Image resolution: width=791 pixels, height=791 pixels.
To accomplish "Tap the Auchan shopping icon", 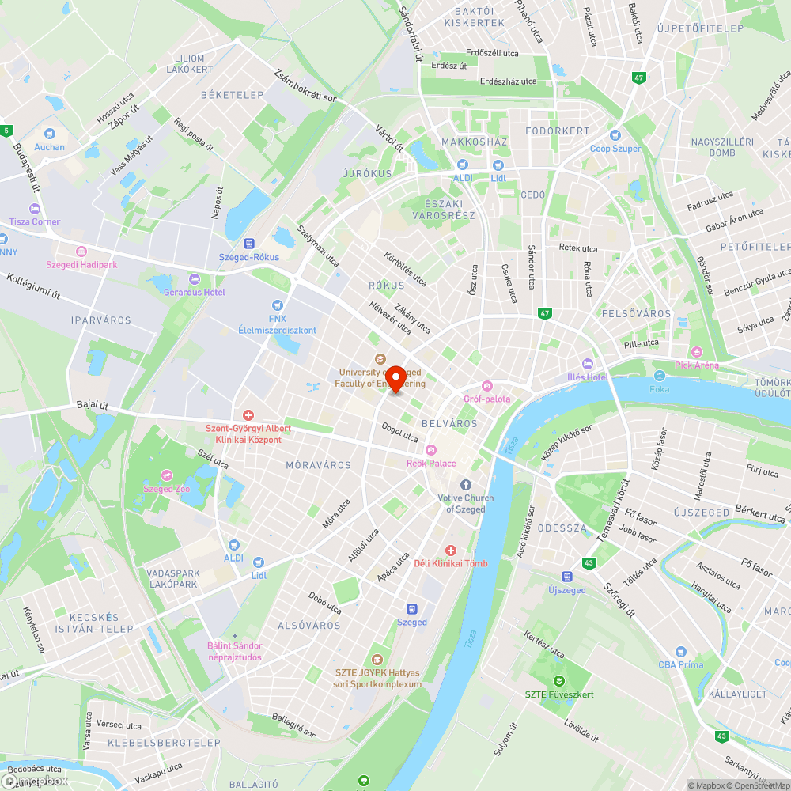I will click(x=50, y=134).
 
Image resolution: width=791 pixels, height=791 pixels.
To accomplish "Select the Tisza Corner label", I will click(x=35, y=222).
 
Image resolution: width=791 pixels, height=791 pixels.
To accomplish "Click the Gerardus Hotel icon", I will click(x=195, y=279).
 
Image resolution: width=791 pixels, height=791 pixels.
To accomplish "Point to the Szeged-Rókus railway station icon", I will click(x=250, y=244).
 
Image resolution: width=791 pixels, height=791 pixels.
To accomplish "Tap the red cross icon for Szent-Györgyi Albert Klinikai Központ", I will click(x=248, y=415).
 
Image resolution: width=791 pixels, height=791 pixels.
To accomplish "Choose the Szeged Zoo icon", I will click(x=166, y=475).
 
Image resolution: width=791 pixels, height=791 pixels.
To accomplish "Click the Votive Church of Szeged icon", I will click(x=466, y=485).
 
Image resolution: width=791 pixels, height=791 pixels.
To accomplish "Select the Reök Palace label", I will click(x=431, y=464).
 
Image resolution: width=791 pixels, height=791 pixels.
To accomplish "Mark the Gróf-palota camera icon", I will click(x=487, y=386).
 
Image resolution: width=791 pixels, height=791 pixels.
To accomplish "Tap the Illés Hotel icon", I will click(x=587, y=364).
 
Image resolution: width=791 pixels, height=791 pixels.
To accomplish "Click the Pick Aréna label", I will click(x=697, y=365).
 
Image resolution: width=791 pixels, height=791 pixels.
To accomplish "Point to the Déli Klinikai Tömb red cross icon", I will click(x=451, y=550).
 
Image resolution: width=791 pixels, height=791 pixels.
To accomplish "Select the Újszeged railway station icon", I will click(x=567, y=577).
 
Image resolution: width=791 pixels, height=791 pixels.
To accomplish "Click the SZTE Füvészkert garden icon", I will click(x=559, y=681).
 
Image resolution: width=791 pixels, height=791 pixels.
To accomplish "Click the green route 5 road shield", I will click(x=6, y=131).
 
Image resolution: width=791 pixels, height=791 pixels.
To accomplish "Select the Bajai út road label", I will click(x=93, y=405).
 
